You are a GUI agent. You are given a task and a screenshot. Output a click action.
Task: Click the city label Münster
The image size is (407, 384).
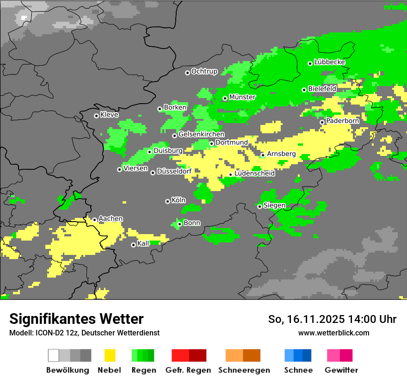(x=242, y=97)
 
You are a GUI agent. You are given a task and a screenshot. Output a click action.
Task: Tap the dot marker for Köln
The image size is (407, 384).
(x=167, y=201)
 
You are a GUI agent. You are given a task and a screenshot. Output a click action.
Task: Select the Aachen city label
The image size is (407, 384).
(x=111, y=219)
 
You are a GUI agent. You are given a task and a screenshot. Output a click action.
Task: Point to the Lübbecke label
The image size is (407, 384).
(x=329, y=62)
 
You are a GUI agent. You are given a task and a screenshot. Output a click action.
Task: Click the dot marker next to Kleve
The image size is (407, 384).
(x=96, y=116)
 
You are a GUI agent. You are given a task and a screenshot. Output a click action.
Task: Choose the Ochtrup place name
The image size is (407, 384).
(x=204, y=71)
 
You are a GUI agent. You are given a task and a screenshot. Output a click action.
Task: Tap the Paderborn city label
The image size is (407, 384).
(x=342, y=121)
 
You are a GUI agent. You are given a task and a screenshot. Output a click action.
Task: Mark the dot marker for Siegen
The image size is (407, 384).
(x=259, y=206)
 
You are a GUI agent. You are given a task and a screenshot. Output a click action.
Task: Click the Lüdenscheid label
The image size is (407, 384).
(x=254, y=173)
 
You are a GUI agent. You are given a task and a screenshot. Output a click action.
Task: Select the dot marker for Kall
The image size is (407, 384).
(x=133, y=245)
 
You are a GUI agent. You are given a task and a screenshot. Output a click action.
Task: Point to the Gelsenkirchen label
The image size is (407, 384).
(x=201, y=134)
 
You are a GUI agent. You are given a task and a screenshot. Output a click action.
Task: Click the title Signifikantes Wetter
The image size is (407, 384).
(x=76, y=319)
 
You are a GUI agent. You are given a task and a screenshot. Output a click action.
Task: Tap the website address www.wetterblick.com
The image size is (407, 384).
(x=333, y=333)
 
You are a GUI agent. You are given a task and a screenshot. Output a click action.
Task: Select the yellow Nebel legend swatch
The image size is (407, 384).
(x=110, y=355)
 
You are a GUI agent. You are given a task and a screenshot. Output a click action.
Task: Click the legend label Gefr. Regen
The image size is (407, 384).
(x=188, y=370)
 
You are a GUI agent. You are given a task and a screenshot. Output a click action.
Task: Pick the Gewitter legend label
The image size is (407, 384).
(x=341, y=370)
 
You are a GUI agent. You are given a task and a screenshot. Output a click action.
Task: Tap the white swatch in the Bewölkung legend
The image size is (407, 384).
(x=53, y=355)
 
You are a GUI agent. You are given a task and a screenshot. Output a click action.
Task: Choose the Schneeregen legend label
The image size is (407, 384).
(x=244, y=370)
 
